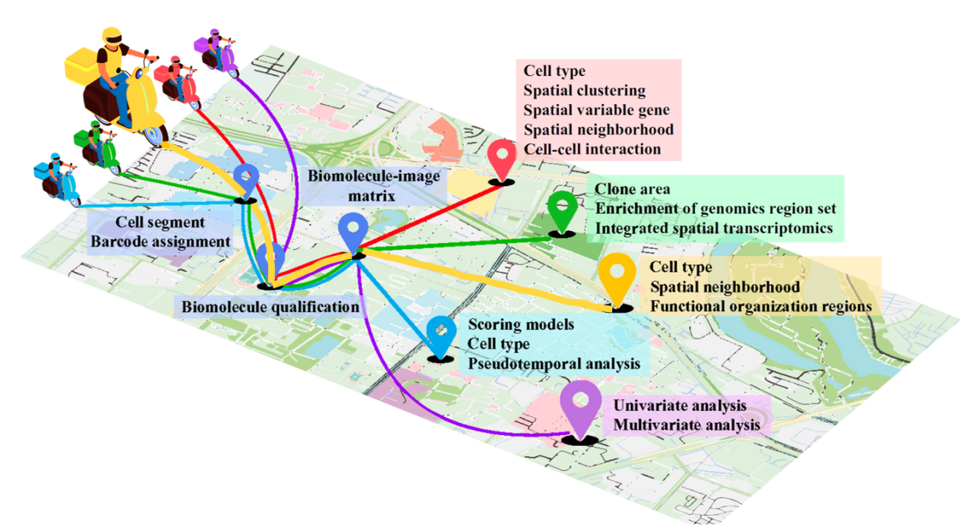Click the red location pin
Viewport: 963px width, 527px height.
(501, 157)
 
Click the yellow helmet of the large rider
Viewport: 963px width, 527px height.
(112, 36)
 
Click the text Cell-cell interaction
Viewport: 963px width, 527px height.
(592, 149)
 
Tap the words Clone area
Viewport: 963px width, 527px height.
(633, 189)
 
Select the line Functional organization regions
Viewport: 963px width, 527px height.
(760, 307)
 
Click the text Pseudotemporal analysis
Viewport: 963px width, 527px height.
(554, 364)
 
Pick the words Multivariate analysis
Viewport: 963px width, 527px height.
(687, 424)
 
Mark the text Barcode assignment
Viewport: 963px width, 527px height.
(160, 241)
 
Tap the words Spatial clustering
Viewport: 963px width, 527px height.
(584, 90)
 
